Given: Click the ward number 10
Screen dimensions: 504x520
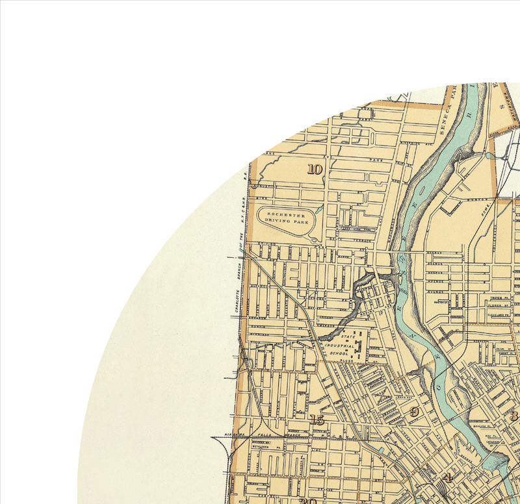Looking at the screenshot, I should click(315, 170).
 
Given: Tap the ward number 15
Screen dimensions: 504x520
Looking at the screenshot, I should click(317, 420).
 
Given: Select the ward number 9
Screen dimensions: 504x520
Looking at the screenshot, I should click(413, 412).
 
